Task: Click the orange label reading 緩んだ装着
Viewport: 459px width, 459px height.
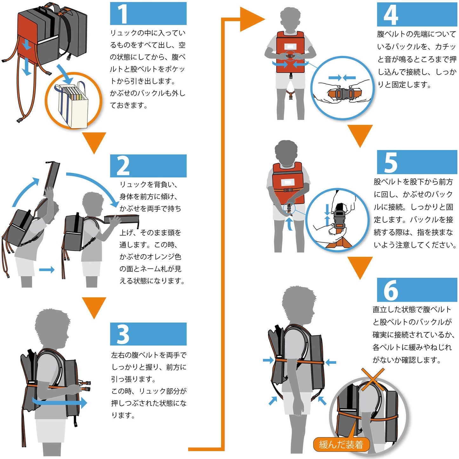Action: click(x=341, y=444)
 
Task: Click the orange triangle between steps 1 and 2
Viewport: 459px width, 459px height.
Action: click(x=94, y=141)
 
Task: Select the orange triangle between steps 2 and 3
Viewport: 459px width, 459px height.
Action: click(x=94, y=306)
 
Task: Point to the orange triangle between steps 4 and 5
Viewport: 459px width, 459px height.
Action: click(x=360, y=134)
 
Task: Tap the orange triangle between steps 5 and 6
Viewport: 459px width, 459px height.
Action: click(x=360, y=266)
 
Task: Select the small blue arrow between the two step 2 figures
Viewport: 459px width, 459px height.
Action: click(x=47, y=270)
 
